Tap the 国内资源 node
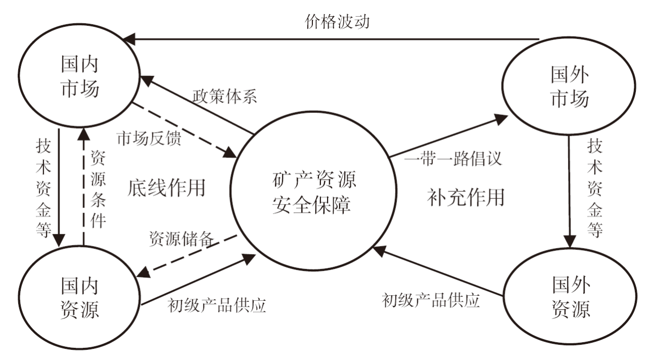point(79,298)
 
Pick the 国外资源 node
point(570,298)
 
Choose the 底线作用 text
point(166,187)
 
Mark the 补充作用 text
point(465,196)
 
